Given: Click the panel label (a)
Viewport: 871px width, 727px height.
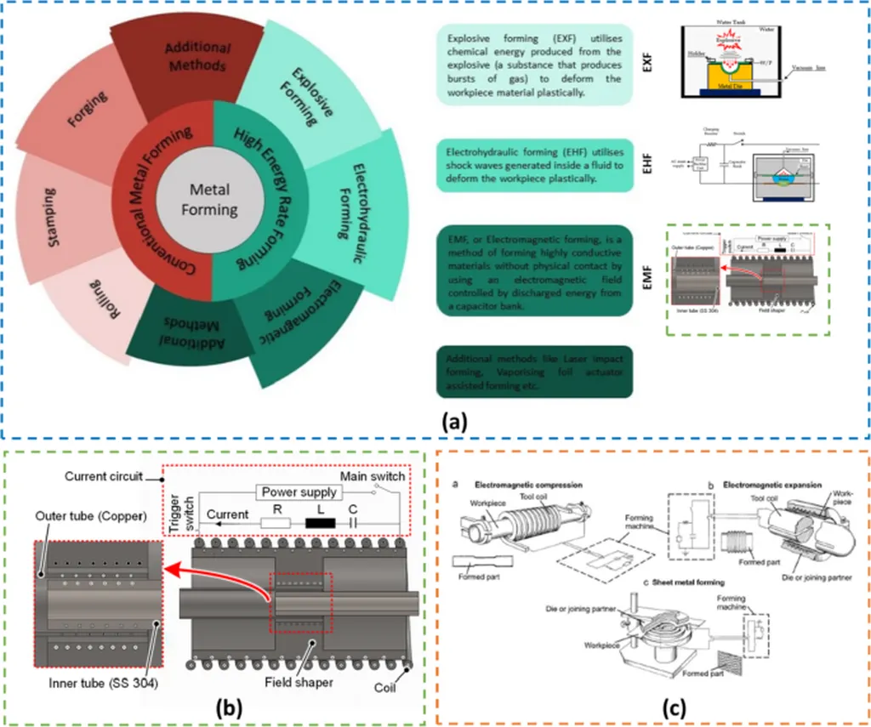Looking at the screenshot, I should pos(453,417).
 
